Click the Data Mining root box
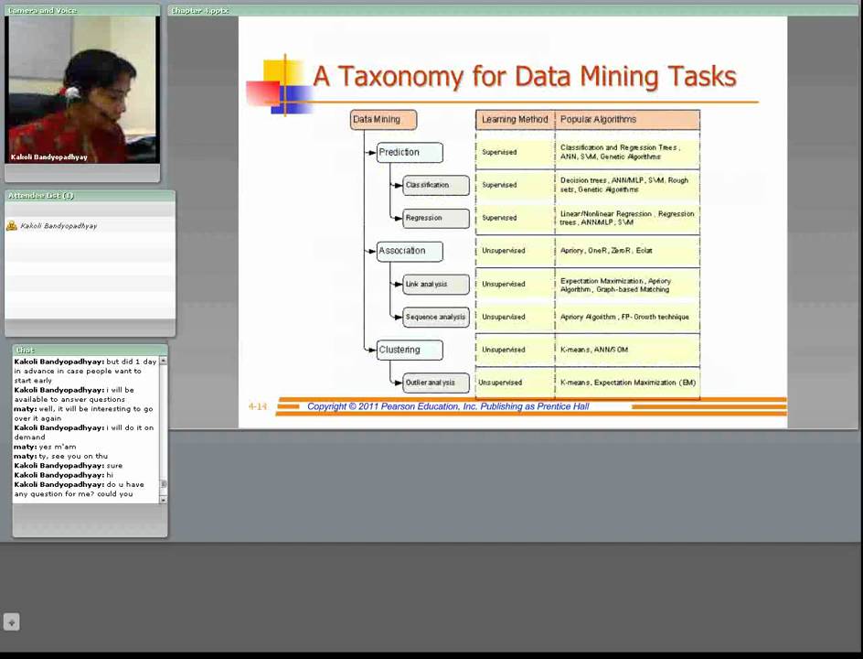click(x=383, y=119)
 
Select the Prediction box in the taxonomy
click(x=409, y=152)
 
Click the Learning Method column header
click(x=515, y=119)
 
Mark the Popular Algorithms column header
click(x=627, y=119)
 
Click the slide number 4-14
click(x=258, y=406)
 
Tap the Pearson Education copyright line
click(x=448, y=406)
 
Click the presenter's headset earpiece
click(x=72, y=92)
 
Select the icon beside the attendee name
click(x=12, y=225)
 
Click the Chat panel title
click(x=25, y=350)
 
